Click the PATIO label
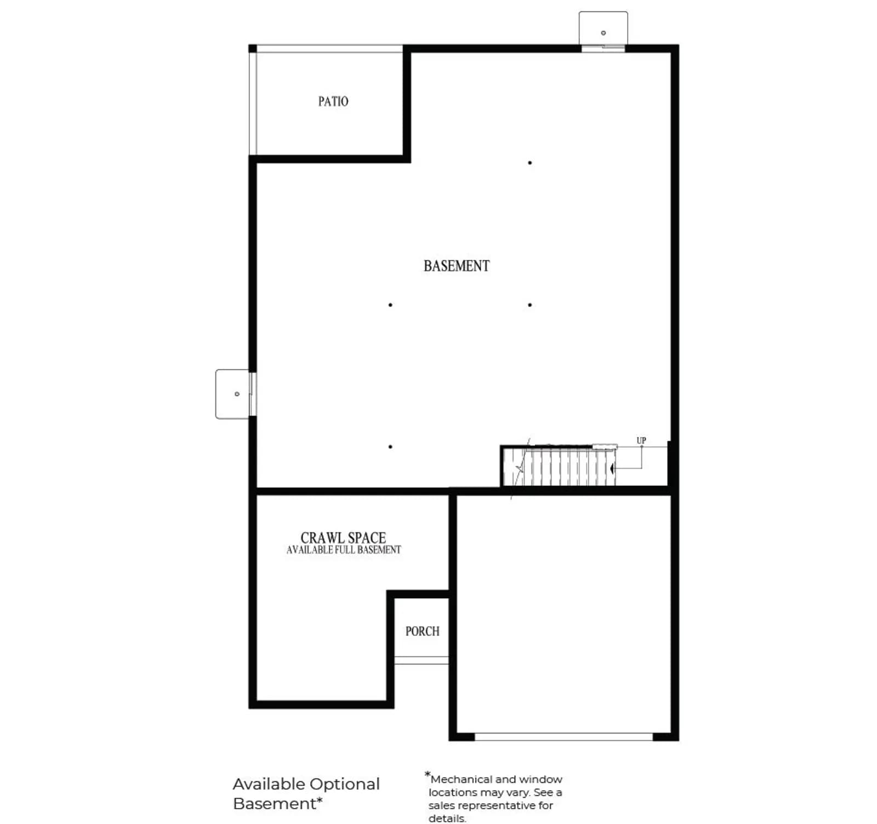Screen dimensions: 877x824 click(x=333, y=101)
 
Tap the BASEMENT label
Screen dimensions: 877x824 click(x=457, y=266)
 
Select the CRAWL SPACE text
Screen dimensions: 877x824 click(x=343, y=538)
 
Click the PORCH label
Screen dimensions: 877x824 click(x=423, y=631)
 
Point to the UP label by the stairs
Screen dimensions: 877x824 click(x=641, y=440)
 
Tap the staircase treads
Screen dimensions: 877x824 click(x=567, y=467)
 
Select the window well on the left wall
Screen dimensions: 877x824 click(x=234, y=394)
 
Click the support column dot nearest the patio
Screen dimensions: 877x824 click(x=529, y=163)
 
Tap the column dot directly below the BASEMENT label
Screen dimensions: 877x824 click(x=529, y=305)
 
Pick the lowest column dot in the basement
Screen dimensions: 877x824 click(x=390, y=447)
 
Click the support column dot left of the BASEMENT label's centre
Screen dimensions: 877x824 click(x=390, y=305)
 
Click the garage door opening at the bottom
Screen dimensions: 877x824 click(x=564, y=737)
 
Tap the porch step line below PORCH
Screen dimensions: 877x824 click(x=422, y=661)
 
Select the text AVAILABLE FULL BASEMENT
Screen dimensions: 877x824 click(x=344, y=550)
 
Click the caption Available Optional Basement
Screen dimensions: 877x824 click(x=306, y=793)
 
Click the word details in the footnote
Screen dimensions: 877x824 click(x=447, y=818)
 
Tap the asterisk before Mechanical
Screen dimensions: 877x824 click(x=427, y=774)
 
